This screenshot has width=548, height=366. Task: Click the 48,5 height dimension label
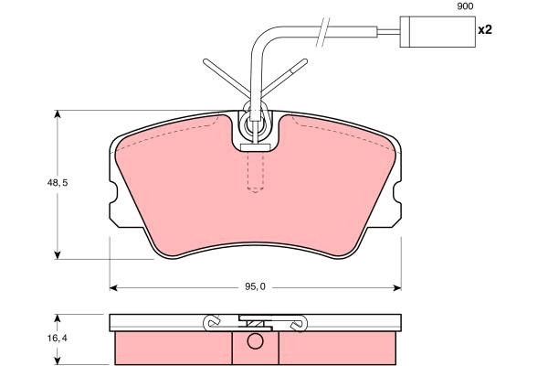pyautogui.click(x=58, y=183)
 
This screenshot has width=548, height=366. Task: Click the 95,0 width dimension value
pyautogui.click(x=255, y=286)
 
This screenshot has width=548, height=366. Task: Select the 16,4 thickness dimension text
pyautogui.click(x=58, y=339)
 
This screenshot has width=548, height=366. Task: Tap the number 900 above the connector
pyautogui.click(x=465, y=6)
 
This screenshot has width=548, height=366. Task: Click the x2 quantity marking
pyautogui.click(x=485, y=30)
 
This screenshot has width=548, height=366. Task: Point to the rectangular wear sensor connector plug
pyautogui.click(x=437, y=31)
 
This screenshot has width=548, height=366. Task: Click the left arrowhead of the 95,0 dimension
pyautogui.click(x=113, y=288)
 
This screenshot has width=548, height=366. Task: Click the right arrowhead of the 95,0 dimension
pyautogui.click(x=397, y=288)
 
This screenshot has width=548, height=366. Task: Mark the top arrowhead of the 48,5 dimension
pyautogui.click(x=58, y=114)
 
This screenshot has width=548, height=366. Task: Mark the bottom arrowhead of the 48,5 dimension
pyautogui.click(x=58, y=255)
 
